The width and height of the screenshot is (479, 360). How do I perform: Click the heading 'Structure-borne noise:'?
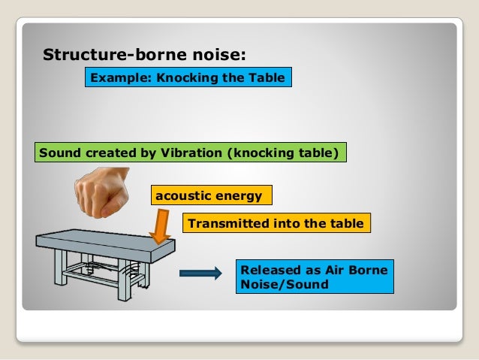pyautogui.click(x=144, y=55)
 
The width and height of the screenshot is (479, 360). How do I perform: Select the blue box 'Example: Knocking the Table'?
pyautogui.click(x=187, y=77)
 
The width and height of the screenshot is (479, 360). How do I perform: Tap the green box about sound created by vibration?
pyautogui.click(x=191, y=153)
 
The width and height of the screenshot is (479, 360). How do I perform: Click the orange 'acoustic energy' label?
pyautogui.click(x=211, y=196)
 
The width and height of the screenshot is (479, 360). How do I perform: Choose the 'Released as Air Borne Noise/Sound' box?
pyautogui.click(x=316, y=277)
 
